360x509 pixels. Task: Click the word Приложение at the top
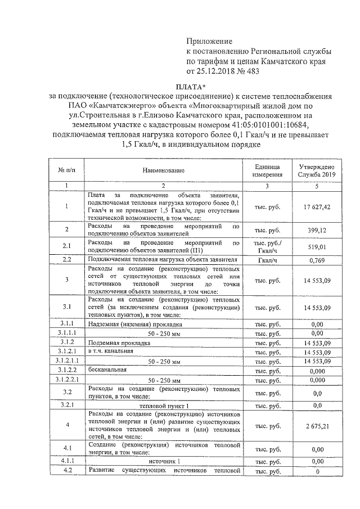[209, 41]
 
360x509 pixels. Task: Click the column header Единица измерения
[267, 169]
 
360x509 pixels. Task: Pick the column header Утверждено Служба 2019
[316, 169]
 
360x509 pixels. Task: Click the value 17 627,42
[317, 207]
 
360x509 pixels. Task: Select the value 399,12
[317, 230]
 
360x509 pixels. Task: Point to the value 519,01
[317, 246]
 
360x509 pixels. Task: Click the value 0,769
[317, 260]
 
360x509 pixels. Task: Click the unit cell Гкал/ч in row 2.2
[267, 260]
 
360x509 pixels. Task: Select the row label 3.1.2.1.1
[66, 361]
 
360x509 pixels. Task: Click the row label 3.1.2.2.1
[66, 380]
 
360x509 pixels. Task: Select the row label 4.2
[66, 471]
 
